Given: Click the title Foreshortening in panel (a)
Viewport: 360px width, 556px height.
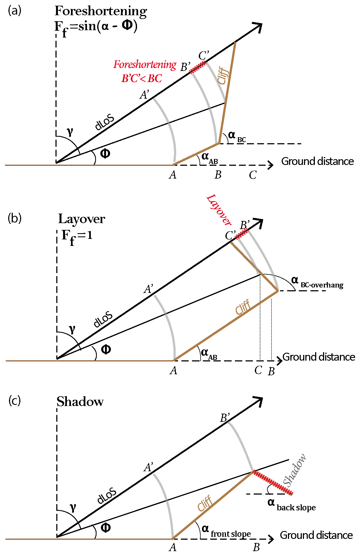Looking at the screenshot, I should pyautogui.click(x=101, y=11).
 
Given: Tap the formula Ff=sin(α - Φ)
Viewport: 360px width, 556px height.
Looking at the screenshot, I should pyautogui.click(x=96, y=27).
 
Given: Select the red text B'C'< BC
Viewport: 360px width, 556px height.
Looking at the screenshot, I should pyautogui.click(x=142, y=79).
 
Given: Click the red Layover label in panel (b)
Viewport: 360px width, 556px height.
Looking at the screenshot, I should pyautogui.click(x=219, y=210).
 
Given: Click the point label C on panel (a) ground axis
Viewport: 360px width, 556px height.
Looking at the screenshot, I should pyautogui.click(x=253, y=175).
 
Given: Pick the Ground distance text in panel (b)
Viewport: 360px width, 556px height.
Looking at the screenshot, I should pyautogui.click(x=319, y=357).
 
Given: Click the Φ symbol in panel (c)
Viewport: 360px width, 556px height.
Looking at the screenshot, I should pyautogui.click(x=105, y=527).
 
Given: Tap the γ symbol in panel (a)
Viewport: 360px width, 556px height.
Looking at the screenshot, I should pyautogui.click(x=70, y=132).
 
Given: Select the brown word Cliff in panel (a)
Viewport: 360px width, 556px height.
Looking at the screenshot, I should pyautogui.click(x=224, y=76).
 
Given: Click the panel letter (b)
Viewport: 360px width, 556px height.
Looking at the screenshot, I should pyautogui.click(x=15, y=218).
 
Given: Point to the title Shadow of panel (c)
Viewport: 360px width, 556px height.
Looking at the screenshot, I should pyautogui.click(x=80, y=402).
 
